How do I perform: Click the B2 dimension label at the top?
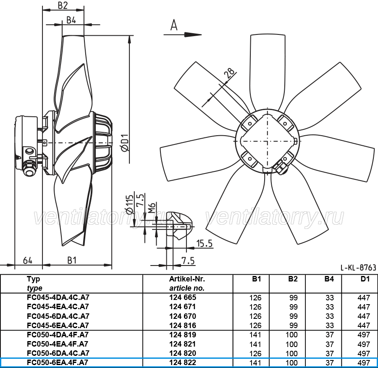(x=63, y=5)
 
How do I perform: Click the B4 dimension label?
(x=71, y=20)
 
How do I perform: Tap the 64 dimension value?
(x=27, y=260)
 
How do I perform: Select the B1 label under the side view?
(x=72, y=260)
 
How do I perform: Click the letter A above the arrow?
(x=174, y=25)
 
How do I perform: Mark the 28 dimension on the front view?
(x=229, y=73)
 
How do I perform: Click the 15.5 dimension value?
(x=205, y=244)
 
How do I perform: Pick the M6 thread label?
(x=152, y=208)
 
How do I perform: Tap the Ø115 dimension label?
(x=129, y=205)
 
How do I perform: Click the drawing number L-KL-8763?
(x=358, y=268)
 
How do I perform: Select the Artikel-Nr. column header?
(x=187, y=279)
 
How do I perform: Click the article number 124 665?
(x=183, y=297)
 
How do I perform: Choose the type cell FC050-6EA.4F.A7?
(x=58, y=363)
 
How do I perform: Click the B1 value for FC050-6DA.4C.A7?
(x=255, y=353)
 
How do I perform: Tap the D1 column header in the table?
(x=365, y=279)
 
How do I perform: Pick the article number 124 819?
(x=183, y=335)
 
